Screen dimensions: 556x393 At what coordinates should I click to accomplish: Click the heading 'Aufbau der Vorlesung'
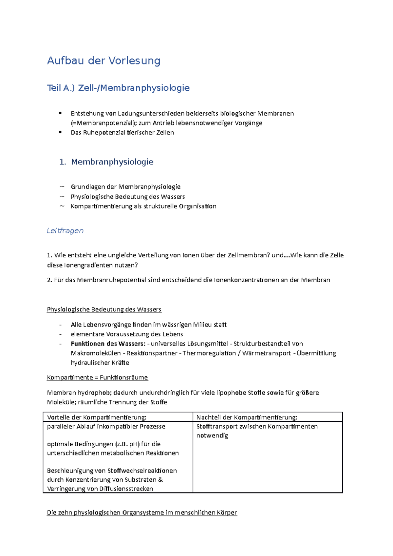tap(103, 61)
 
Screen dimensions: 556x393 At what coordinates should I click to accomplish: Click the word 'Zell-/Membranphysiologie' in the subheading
tap(134, 88)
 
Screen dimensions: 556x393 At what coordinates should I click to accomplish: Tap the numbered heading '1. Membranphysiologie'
tap(106, 162)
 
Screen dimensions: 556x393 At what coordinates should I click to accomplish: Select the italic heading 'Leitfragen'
tap(65, 231)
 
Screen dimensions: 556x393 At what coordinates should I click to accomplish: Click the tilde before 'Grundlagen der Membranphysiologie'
tap(62, 187)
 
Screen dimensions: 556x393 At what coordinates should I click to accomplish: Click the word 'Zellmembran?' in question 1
tap(249, 255)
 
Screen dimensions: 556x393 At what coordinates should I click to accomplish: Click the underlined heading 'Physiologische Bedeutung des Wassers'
tap(104, 309)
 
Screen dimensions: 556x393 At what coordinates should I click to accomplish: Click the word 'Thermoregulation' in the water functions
tap(209, 353)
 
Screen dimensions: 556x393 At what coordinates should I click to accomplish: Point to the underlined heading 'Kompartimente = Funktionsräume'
tap(97, 378)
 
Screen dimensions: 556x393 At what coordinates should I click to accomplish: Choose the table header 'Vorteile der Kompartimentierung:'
tap(97, 417)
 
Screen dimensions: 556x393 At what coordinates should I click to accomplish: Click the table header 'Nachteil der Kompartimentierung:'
tap(247, 417)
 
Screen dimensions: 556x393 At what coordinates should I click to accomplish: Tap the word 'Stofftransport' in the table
tap(217, 427)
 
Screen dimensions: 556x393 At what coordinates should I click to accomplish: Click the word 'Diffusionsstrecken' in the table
tap(126, 489)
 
